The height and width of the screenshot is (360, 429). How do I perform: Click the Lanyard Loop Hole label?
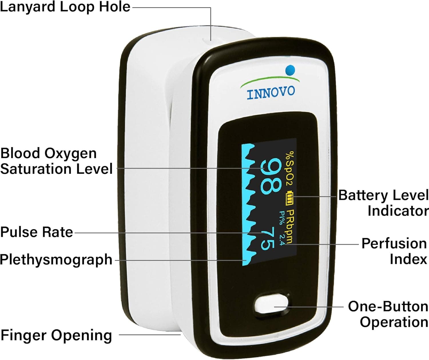65,7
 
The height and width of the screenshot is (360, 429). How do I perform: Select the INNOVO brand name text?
271,93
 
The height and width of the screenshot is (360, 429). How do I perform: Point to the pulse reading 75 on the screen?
268,238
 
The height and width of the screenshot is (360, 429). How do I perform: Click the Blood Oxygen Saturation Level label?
56,161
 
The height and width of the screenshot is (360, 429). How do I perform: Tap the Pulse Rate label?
37,232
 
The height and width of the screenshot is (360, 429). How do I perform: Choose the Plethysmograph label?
56,260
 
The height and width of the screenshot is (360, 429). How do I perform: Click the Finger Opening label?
56,335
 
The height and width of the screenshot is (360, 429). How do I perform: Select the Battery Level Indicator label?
383,203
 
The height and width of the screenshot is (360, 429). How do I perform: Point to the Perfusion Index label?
394,251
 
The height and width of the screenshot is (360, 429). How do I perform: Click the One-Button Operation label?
388,314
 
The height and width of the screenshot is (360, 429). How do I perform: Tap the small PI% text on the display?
282,218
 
